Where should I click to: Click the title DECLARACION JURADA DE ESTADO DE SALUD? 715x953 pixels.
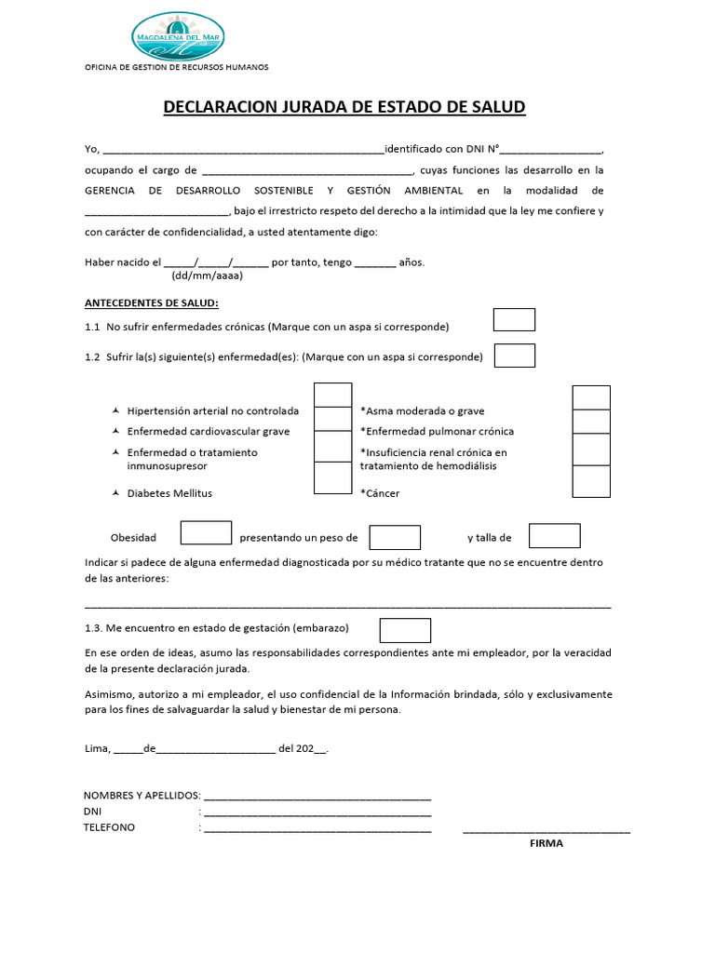(x=344, y=107)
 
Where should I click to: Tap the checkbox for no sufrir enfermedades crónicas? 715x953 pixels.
(x=514, y=320)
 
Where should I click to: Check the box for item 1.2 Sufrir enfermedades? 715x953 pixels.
(x=514, y=356)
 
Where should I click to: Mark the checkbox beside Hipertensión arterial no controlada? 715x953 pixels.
(x=333, y=395)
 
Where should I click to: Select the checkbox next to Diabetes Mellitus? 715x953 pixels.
(x=333, y=477)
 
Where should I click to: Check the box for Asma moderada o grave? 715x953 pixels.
(x=591, y=397)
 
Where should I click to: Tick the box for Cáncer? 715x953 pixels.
(x=591, y=481)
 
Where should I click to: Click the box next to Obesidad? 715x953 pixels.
(x=206, y=532)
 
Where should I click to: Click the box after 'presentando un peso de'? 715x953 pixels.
(x=395, y=537)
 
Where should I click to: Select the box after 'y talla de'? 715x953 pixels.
(x=554, y=536)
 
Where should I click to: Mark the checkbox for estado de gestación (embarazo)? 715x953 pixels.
(x=405, y=630)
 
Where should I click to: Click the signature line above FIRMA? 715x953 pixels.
(x=546, y=830)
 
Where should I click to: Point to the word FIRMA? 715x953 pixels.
(x=546, y=844)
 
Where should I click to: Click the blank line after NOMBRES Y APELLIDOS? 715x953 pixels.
(x=317, y=798)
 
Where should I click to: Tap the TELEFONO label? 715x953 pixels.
(x=109, y=827)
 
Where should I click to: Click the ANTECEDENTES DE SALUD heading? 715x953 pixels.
(x=152, y=303)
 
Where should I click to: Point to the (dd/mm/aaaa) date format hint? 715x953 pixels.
(x=208, y=276)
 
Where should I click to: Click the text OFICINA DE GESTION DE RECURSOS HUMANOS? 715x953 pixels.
(x=176, y=68)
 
